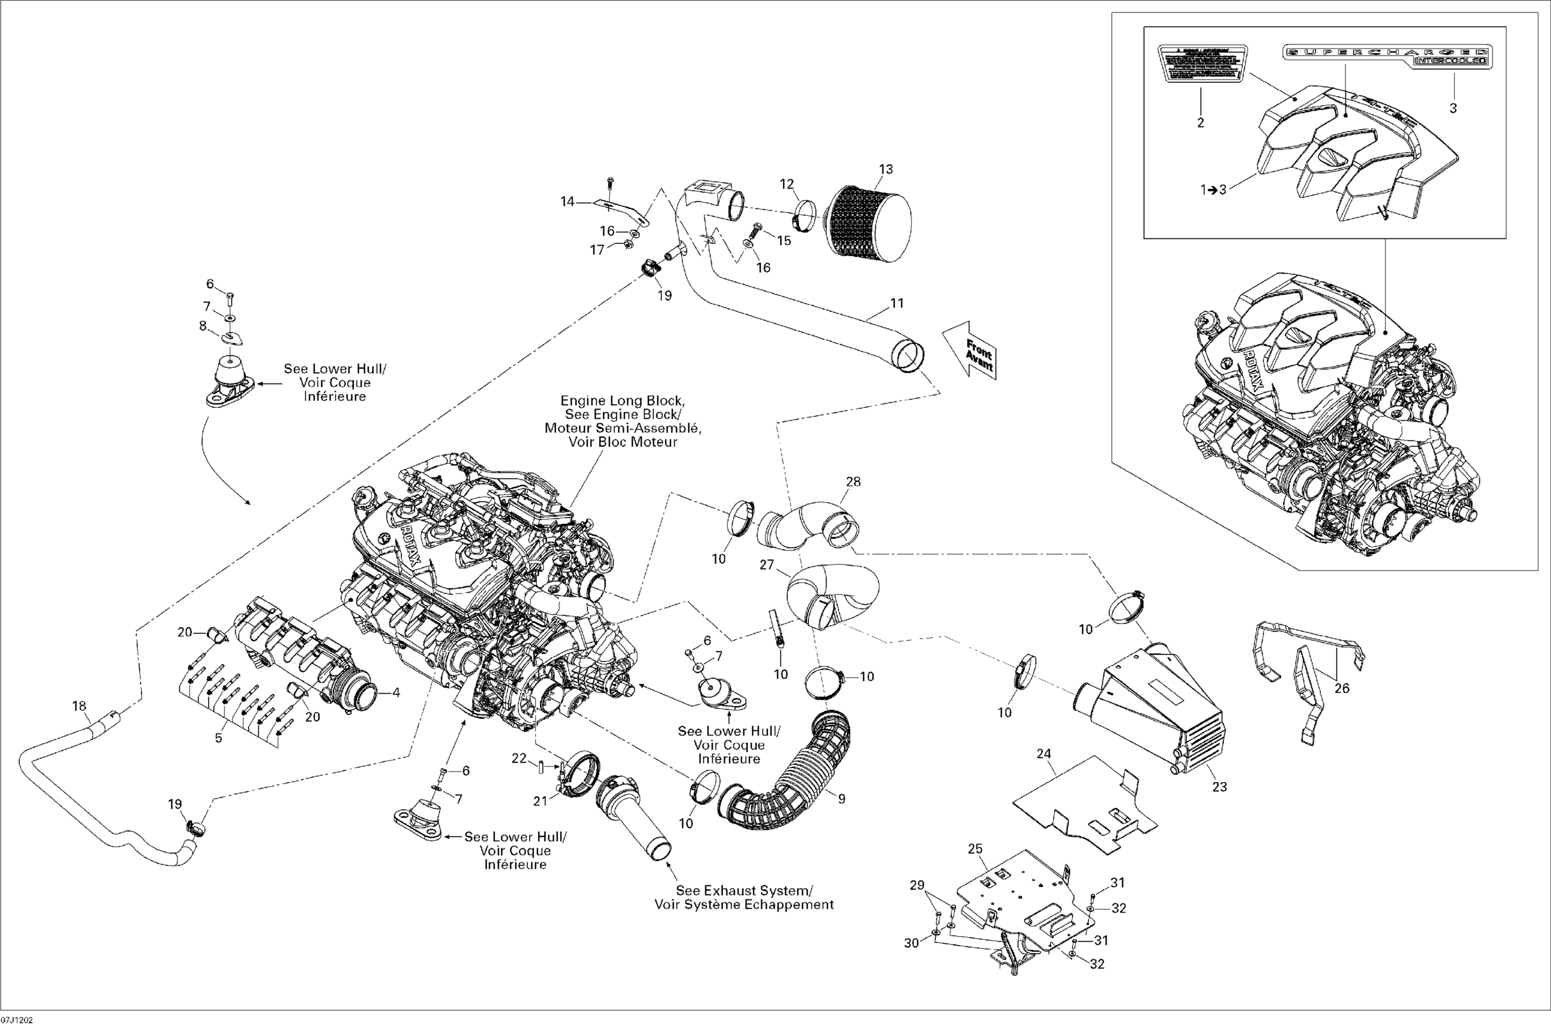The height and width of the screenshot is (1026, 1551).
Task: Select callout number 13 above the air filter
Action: pyautogui.click(x=886, y=170)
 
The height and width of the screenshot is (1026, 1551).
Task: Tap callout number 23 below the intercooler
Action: pyautogui.click(x=1219, y=787)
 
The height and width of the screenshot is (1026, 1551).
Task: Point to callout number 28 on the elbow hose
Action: pyautogui.click(x=854, y=482)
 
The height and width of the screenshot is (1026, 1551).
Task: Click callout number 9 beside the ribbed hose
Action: pyautogui.click(x=842, y=798)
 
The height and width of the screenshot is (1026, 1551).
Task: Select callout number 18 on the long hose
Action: pyautogui.click(x=79, y=706)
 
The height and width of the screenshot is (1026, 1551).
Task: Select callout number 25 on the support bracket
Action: pyautogui.click(x=975, y=849)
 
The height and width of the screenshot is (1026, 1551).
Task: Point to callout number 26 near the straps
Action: pyautogui.click(x=1342, y=688)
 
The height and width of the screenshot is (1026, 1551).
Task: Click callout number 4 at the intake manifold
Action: pyautogui.click(x=396, y=692)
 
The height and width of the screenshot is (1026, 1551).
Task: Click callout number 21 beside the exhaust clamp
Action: pyautogui.click(x=539, y=801)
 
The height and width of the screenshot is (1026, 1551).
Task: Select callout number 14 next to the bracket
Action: pyautogui.click(x=567, y=202)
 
